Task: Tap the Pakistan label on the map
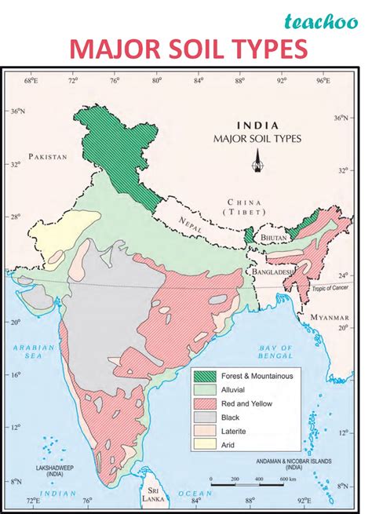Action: coord(48,156)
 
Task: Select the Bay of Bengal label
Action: coord(275,351)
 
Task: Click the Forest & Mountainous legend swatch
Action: coord(205,376)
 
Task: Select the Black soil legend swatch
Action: coord(205,417)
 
